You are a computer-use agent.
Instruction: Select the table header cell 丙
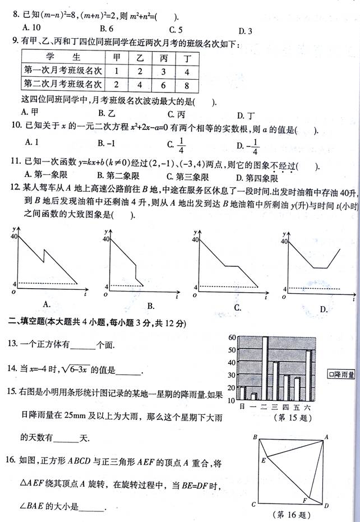[163, 57]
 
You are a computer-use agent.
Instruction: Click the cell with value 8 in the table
[186, 85]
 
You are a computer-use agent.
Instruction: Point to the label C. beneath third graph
[237, 307]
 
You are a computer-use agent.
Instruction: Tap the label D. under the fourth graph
[324, 309]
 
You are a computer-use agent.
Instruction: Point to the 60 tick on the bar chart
[230, 338]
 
